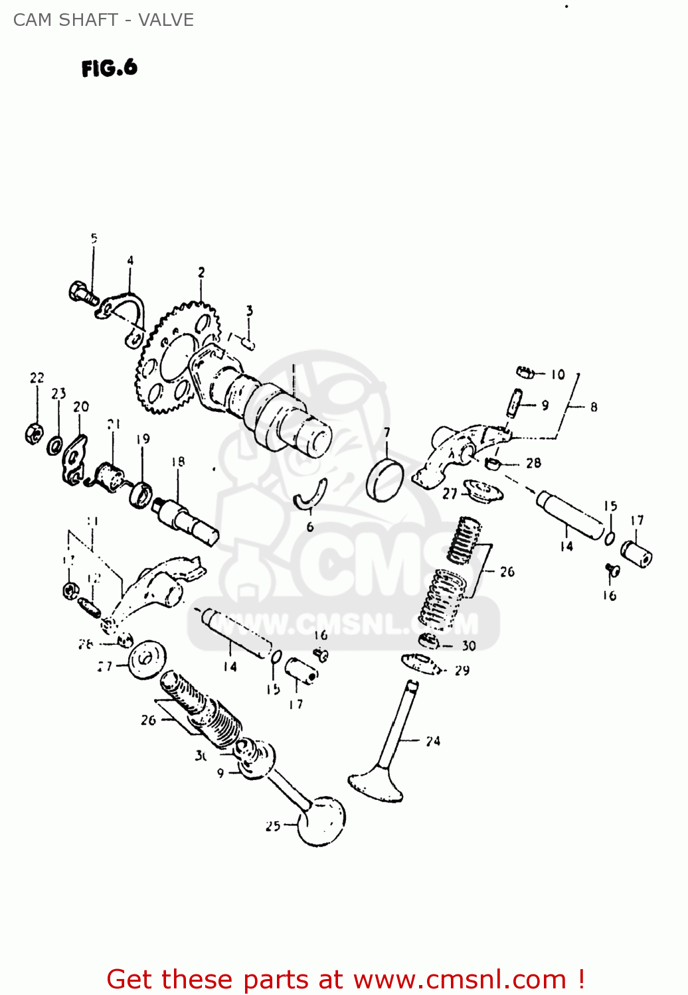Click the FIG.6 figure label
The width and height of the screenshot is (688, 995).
pyautogui.click(x=110, y=68)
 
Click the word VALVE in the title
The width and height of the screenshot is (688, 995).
pyautogui.click(x=166, y=20)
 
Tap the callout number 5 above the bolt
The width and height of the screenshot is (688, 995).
pyautogui.click(x=94, y=238)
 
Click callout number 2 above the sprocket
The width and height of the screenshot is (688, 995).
pyautogui.click(x=201, y=272)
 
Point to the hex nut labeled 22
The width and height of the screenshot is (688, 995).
pyautogui.click(x=34, y=433)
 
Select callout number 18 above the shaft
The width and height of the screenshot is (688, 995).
pyautogui.click(x=178, y=462)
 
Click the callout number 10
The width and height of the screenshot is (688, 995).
pyautogui.click(x=558, y=375)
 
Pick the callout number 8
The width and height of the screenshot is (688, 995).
pyautogui.click(x=594, y=407)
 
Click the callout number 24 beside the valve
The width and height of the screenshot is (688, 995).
pyautogui.click(x=433, y=741)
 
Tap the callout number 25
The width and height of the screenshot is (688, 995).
pyautogui.click(x=273, y=826)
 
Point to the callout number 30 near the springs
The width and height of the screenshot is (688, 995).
pyautogui.click(x=469, y=645)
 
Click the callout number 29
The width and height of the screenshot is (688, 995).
pyautogui.click(x=462, y=671)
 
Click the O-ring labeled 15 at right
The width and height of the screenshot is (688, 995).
pyautogui.click(x=610, y=537)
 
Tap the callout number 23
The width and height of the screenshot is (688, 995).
pyautogui.click(x=59, y=393)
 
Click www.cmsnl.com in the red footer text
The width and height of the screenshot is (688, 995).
pyautogui.click(x=460, y=980)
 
